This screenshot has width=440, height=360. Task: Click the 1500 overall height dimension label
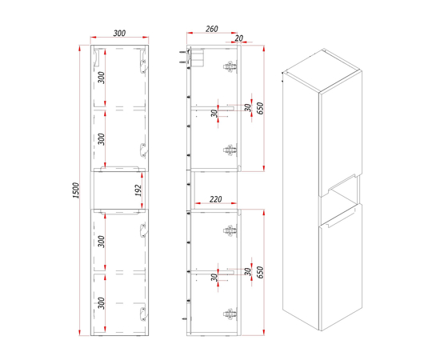click(x=76, y=190)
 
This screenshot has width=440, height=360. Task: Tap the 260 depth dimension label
click(x=211, y=29)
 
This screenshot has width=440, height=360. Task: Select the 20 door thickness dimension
click(x=239, y=38)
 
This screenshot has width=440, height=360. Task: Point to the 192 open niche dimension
click(x=138, y=190)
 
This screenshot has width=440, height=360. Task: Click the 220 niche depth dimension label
click(x=215, y=199)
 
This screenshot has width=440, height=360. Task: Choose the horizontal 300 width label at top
click(x=119, y=33)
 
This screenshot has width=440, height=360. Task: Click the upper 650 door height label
click(x=261, y=109)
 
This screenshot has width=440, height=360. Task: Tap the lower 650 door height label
click(x=261, y=273)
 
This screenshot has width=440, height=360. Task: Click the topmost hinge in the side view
click(x=230, y=66)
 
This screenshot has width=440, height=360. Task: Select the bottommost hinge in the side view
click(x=230, y=314)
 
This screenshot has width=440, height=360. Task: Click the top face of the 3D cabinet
click(x=322, y=70)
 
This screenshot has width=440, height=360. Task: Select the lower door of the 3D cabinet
click(x=341, y=267)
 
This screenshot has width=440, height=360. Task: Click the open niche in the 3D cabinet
click(x=342, y=194)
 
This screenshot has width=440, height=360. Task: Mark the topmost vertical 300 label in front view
click(x=102, y=78)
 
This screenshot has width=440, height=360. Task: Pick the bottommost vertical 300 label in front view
click(x=102, y=303)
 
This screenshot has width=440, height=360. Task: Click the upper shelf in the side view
click(x=213, y=107)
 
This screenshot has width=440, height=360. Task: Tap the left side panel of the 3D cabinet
click(x=301, y=201)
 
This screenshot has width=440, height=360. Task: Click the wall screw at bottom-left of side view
click(x=185, y=318)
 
